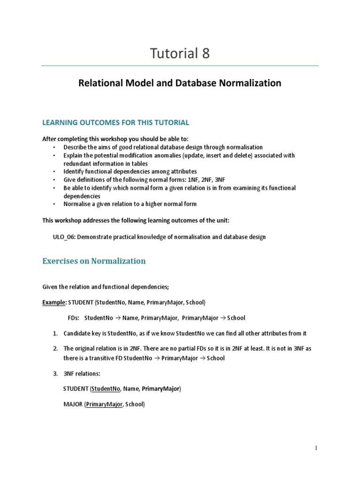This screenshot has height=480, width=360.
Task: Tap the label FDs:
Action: [x=74, y=318]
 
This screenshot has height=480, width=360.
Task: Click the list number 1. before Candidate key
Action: [x=55, y=333]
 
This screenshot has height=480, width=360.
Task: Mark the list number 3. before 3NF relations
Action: [x=55, y=374]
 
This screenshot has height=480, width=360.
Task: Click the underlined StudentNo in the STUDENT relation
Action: [x=106, y=389]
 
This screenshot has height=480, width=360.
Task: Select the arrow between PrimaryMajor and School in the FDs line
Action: [x=223, y=318]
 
